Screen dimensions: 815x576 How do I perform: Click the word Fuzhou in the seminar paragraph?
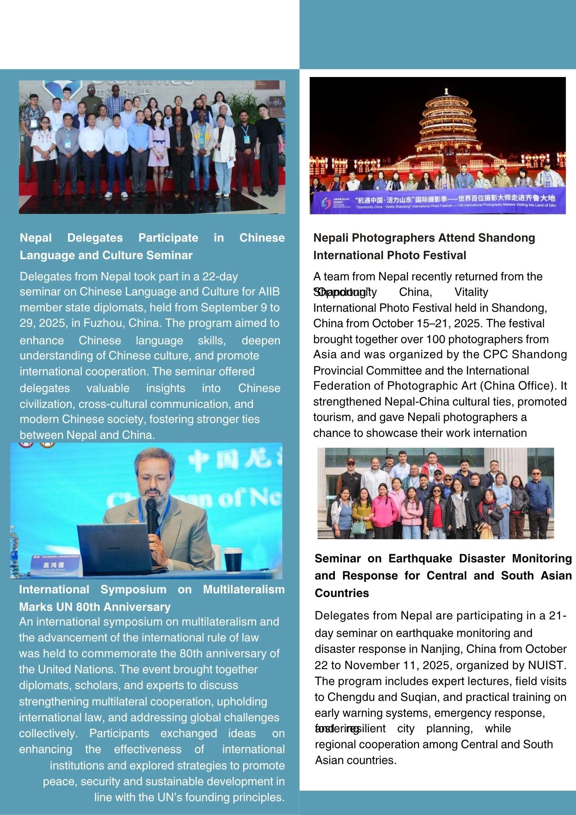pyautogui.click(x=103, y=323)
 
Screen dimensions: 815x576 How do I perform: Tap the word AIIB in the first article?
pyautogui.click(x=269, y=292)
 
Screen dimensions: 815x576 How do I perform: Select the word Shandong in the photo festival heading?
pyautogui.click(x=506, y=238)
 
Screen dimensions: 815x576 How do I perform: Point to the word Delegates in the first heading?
pyautogui.click(x=95, y=238)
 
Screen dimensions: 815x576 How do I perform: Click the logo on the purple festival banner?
pyautogui.click(x=326, y=203)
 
